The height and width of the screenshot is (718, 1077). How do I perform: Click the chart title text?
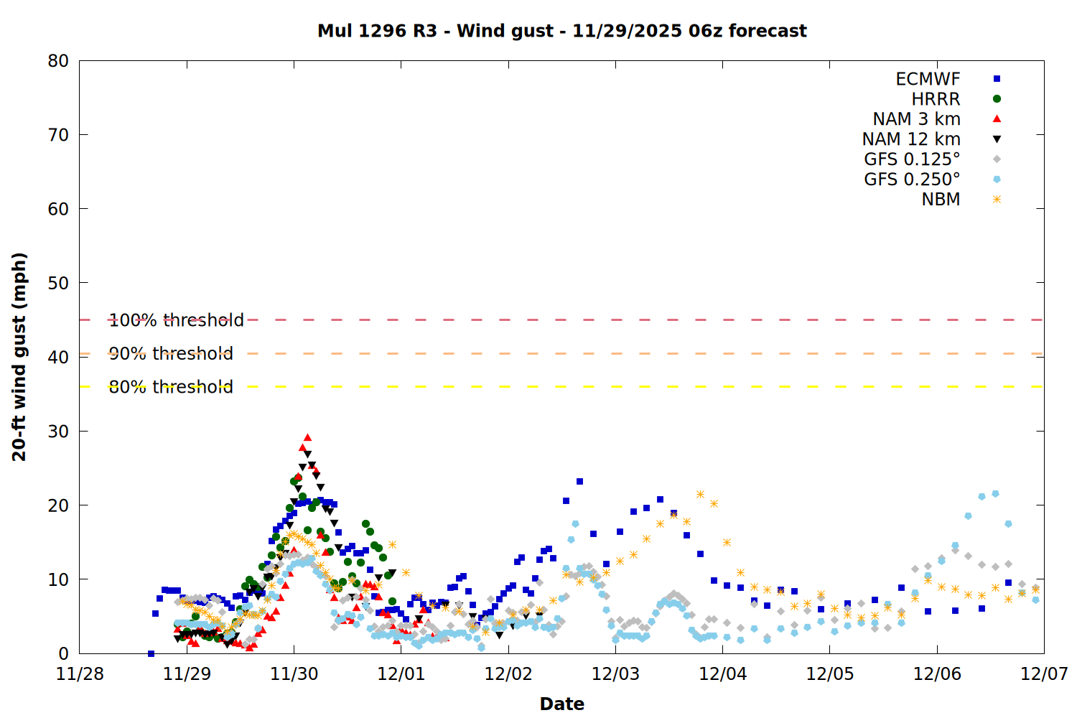click(x=561, y=31)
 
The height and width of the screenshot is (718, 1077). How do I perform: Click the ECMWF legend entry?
click(x=928, y=79)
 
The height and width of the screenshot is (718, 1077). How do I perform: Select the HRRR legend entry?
click(x=936, y=99)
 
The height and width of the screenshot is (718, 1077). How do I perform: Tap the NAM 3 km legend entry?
click(x=916, y=119)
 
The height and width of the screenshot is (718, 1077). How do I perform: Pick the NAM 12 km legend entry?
click(x=911, y=139)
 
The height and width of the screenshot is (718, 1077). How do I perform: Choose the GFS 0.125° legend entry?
click(x=912, y=159)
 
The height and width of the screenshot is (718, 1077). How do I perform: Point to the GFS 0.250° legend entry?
click(x=912, y=179)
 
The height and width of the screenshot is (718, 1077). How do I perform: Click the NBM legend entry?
click(x=941, y=200)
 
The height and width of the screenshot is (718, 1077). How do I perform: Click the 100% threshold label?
click(x=176, y=320)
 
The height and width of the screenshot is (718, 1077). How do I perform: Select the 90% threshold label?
click(x=171, y=353)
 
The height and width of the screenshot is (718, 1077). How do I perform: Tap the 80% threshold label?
click(x=171, y=387)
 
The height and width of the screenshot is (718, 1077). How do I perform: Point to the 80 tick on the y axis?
click(x=58, y=61)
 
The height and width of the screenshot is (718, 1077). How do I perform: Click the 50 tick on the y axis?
click(x=58, y=283)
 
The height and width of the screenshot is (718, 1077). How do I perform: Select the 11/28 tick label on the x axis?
click(x=80, y=674)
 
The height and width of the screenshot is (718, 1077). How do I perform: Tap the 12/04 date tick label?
click(x=722, y=674)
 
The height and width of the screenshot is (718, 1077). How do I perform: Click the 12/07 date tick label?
click(x=1044, y=674)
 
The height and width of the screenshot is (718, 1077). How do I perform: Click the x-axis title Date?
click(x=561, y=704)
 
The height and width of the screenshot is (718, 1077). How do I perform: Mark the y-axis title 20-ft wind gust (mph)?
click(x=19, y=356)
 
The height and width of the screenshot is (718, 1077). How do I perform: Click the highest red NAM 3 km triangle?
click(x=307, y=437)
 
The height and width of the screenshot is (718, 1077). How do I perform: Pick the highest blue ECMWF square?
click(x=579, y=481)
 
